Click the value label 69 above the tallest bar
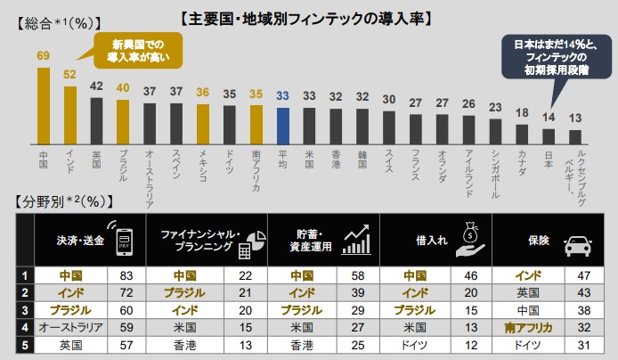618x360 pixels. [x=43, y=56]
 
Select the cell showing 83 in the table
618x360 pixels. [x=126, y=275]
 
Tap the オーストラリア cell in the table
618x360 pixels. [x=69, y=327]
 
